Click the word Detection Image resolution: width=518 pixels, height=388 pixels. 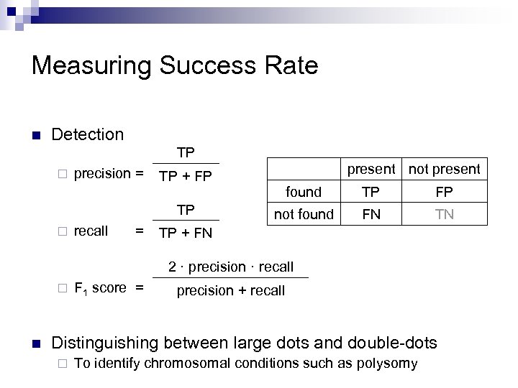88,134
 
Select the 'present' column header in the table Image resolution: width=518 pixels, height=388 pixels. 371,170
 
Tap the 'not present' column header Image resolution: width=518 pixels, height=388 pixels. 445,170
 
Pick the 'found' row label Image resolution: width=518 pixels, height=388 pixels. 304,193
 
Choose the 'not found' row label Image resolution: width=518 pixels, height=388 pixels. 304,214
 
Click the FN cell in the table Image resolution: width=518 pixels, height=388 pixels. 371,214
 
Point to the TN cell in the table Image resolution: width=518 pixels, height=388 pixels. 445,214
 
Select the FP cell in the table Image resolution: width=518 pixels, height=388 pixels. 445,193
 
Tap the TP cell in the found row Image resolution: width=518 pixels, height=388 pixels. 371,193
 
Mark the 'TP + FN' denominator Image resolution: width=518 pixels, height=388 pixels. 186,234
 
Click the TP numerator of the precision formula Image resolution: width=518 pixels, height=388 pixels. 186,153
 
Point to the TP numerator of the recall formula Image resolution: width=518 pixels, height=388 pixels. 186,210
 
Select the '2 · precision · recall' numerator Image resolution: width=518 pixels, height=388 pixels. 231,267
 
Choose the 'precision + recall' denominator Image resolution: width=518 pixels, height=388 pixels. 231,291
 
